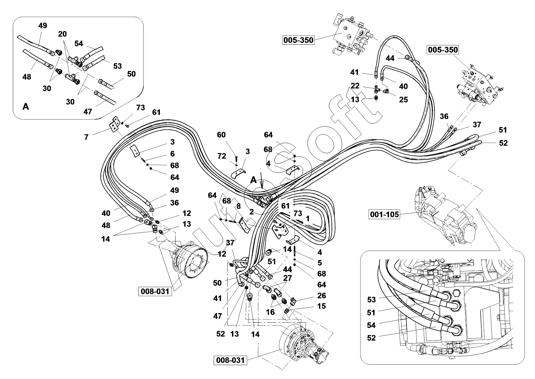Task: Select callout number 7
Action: pos(86,137)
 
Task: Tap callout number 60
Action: pos(221,135)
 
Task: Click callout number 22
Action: pos(355,86)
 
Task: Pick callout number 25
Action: pos(403,100)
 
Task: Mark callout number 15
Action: pos(321,306)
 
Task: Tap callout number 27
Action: pos(288,278)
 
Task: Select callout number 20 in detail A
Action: pos(62,34)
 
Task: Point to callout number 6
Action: pos(172,154)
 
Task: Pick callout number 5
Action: pos(319,262)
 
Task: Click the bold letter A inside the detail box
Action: pos(26,106)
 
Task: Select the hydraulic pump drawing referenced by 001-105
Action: pos(445,216)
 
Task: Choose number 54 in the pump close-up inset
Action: pos(371,325)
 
